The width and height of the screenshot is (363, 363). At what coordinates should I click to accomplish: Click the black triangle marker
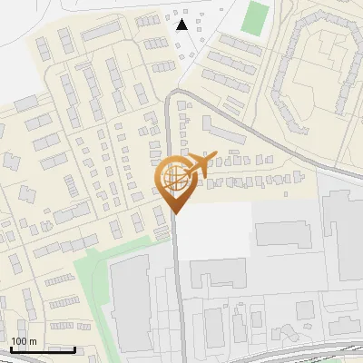tap(182, 25)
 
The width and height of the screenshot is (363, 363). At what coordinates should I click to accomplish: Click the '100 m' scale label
tap(24, 341)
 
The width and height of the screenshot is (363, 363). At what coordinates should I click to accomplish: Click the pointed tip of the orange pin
tap(174, 213)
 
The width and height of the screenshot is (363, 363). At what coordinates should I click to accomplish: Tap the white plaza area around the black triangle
tap(195, 36)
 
